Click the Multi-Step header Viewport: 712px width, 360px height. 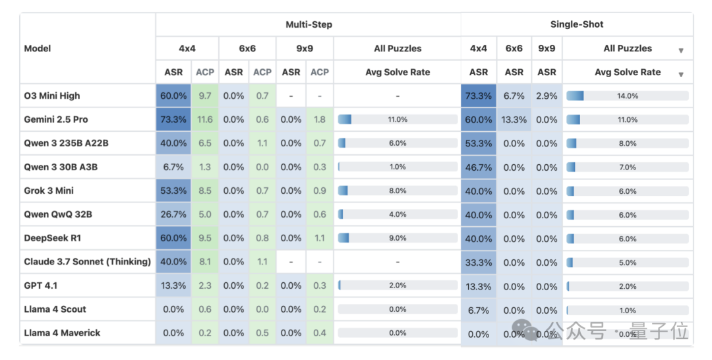pos(309,24)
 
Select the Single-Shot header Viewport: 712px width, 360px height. pos(577,24)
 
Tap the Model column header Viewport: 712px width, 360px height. pos(38,48)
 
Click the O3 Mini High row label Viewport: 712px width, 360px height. pos(52,96)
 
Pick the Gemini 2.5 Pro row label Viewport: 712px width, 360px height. pos(56,119)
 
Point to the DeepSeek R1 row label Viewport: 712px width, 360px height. pos(53,238)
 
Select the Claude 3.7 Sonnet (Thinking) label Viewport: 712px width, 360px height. pos(88,262)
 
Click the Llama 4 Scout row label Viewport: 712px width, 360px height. pos(55,309)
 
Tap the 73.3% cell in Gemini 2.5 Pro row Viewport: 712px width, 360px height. pos(173,119)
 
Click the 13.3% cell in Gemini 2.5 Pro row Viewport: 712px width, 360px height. pos(514,119)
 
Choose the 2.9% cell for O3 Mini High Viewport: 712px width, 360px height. pos(547,96)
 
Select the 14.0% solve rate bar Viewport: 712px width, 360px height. pos(627,96)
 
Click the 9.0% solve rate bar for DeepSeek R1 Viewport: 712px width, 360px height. pos(398,238)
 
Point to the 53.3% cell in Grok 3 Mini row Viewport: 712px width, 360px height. pos(173,191)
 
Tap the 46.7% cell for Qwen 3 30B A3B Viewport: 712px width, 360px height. pos(479,167)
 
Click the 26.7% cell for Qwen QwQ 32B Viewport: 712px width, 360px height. pos(173,214)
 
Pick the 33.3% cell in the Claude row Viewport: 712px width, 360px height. pos(479,262)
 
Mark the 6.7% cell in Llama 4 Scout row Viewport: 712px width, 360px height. pos(479,310)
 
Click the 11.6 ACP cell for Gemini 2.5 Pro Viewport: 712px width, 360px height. pos(205,119)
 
